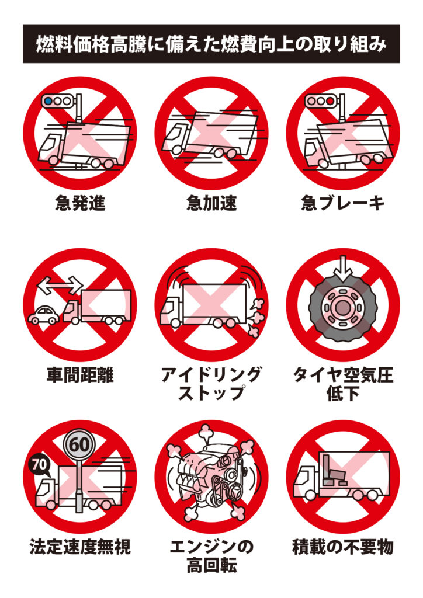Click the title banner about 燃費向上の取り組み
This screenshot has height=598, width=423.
[211, 44]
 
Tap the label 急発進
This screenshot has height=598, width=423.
[80, 203]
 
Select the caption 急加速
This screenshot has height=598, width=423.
[211, 203]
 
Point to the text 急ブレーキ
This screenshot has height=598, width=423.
[342, 203]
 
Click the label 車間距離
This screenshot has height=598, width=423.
[80, 374]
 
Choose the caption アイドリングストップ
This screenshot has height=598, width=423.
[211, 384]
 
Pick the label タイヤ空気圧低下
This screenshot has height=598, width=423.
[342, 384]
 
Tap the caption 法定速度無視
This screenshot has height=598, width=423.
[80, 547]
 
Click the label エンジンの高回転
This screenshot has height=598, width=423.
[211, 556]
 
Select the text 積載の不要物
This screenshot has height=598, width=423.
[342, 547]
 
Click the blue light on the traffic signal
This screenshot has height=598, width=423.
[48, 101]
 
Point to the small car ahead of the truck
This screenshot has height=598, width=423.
[44, 314]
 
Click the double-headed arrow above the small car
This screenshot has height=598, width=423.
[60, 286]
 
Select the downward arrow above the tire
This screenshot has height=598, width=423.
[343, 266]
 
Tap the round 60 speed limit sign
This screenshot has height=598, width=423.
[79, 444]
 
